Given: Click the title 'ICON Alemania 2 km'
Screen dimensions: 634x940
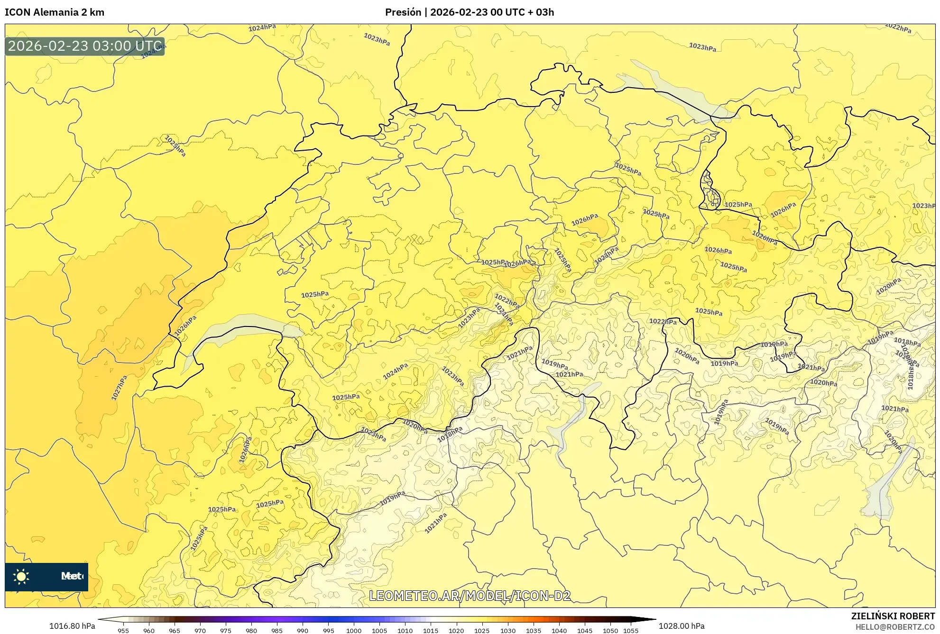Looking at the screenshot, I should pos(55,12).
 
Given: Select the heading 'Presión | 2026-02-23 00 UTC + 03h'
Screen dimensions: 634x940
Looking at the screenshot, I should pos(469,12).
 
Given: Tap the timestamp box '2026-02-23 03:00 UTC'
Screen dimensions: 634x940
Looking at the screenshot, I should pos(85,46).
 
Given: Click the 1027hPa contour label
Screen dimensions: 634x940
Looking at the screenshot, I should pos(119,388).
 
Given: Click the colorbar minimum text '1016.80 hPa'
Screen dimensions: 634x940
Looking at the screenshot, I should pos(72,626).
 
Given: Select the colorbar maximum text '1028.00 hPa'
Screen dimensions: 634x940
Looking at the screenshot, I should pos(682,626).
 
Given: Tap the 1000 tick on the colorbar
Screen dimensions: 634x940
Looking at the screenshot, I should pos(353,630).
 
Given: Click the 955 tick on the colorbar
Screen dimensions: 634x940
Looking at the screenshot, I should pos(123,630).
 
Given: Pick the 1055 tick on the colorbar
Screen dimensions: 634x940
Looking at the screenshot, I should pos(630,630).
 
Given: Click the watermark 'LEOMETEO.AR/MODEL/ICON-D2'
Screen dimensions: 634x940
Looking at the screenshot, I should pos(470,596).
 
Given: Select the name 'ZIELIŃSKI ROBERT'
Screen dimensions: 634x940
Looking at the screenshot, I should pos(893,616).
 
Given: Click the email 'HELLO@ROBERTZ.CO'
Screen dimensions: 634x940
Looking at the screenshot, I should pos(894,627).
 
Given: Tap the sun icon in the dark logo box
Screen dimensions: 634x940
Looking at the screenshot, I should pos(21,576).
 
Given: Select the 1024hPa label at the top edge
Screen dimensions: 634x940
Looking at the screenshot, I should pos(262,27).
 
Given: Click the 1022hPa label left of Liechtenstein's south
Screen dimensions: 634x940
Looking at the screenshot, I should pos(663,321).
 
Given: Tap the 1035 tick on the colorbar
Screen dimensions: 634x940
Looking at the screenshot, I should pos(533,630).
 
